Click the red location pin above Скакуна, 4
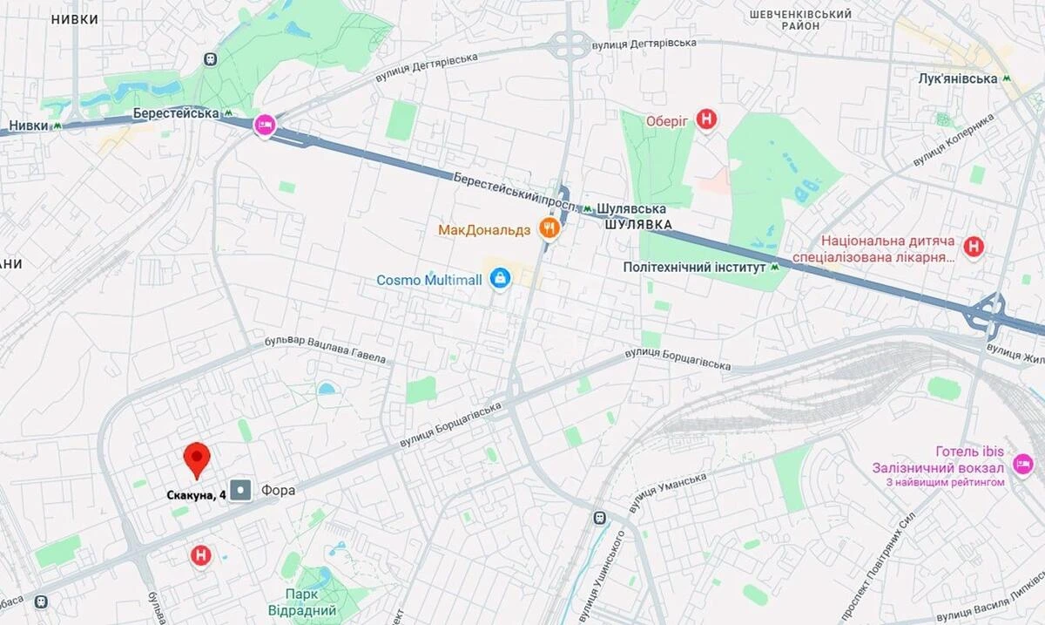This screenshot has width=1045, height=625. [198, 458]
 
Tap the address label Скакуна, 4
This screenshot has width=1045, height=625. [196, 495]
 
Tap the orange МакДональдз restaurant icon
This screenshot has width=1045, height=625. [549, 229]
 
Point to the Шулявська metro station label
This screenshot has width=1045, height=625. [631, 209]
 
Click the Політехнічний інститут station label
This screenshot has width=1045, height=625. [694, 268]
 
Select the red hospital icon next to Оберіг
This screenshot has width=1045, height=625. [707, 120]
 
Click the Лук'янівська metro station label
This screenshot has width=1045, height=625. [957, 78]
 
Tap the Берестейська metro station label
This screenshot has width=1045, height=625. [176, 113]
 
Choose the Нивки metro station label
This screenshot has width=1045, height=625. [29, 126]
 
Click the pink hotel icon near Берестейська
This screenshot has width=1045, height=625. [265, 126]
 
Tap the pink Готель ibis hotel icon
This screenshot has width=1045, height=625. [1022, 459]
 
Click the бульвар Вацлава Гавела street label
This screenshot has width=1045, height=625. [324, 350]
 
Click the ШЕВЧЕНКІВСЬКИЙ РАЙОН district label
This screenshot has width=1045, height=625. [800, 20]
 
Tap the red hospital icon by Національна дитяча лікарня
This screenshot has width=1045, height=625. [974, 248]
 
